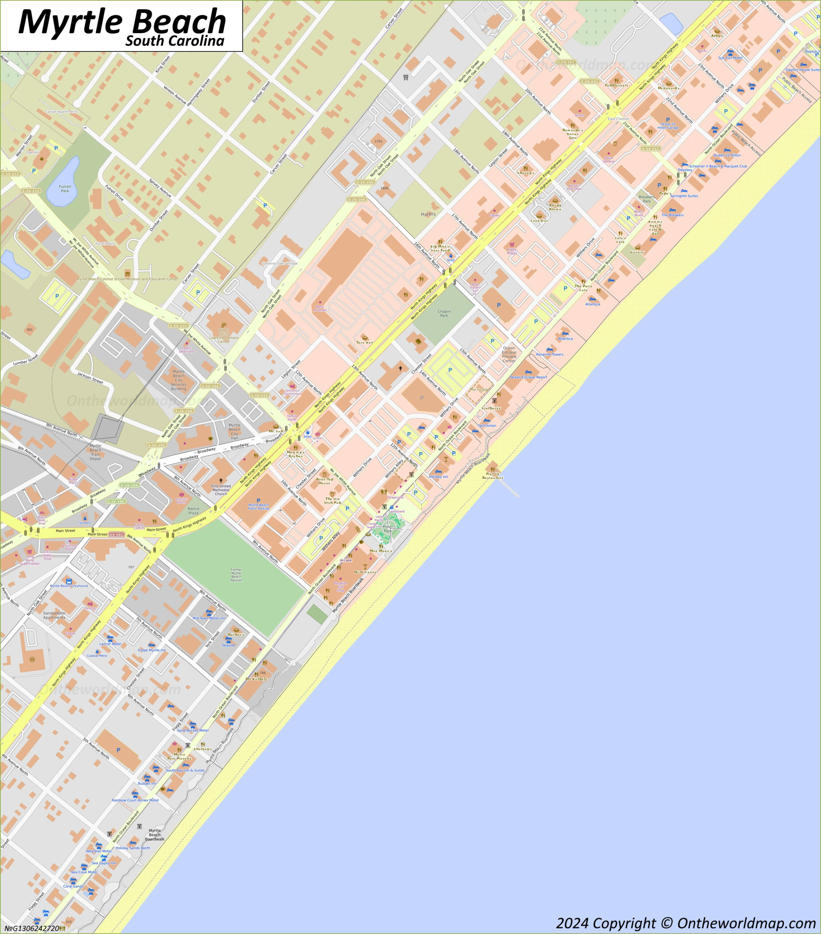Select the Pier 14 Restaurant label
tap(492, 476)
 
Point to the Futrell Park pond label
tap(65, 188)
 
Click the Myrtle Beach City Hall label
tap(235, 431)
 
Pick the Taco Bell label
tap(365, 342)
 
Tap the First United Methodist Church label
tap(221, 490)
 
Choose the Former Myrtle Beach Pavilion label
tap(236, 575)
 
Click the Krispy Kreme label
tap(555, 207)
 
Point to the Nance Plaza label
tap(193, 511)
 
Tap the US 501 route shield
tap(117, 534)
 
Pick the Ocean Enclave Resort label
tap(528, 377)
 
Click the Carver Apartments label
tap(62, 112)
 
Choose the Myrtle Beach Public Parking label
tap(259, 506)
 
